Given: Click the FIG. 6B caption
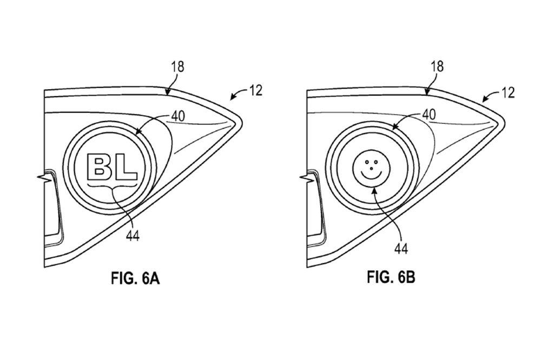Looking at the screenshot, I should (391, 278).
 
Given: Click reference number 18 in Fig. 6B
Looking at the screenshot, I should (437, 66).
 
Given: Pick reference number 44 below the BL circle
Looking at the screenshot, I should (132, 236).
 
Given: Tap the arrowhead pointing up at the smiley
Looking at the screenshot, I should (374, 186).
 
